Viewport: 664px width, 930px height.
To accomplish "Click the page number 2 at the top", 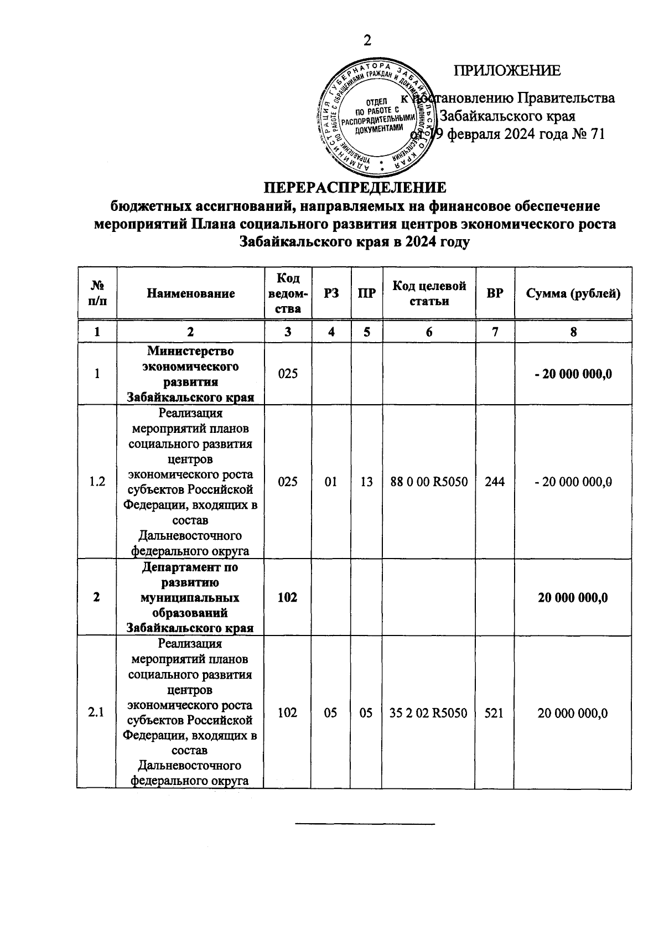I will coord(366,41).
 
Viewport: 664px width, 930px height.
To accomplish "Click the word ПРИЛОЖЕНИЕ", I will coord(507,71).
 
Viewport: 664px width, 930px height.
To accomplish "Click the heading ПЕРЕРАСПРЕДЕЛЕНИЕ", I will coord(354,187).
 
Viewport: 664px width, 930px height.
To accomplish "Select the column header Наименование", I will coord(190,293).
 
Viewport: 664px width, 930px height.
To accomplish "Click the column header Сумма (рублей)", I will coord(573,293).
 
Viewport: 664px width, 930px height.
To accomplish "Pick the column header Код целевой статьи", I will coord(429,293).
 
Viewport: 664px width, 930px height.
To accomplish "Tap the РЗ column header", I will coord(331,293).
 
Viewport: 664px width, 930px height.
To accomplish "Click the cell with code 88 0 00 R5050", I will coord(429,482).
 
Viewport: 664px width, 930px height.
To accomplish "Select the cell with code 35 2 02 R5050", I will coord(429,712).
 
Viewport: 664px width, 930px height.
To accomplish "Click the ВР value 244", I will coord(494,482).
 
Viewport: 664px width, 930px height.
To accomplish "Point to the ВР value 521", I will coord(494,712).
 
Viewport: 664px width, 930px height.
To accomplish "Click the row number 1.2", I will coord(97,482).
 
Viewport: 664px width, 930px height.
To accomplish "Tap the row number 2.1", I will coord(97,712).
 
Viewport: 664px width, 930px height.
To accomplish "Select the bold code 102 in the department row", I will coord(287,597).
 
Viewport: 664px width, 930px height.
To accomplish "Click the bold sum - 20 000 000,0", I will coord(573,374).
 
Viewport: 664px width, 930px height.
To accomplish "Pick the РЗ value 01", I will coord(331,482).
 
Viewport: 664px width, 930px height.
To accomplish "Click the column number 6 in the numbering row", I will coord(429,332).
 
